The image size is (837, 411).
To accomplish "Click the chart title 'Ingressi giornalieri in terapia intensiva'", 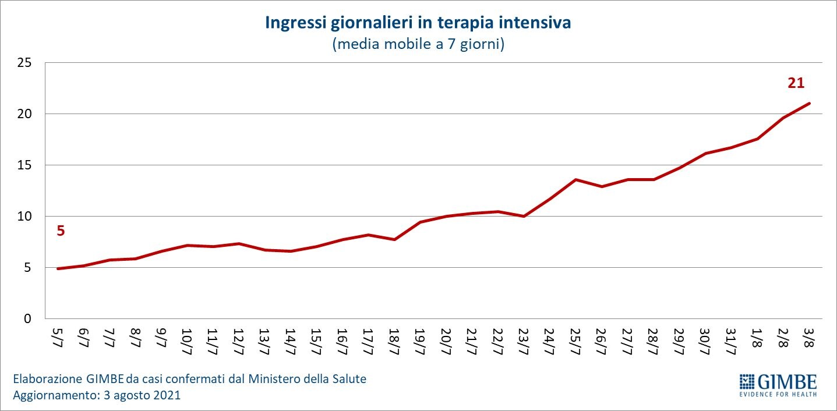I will [418, 23].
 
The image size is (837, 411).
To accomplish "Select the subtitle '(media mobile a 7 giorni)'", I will [418, 44].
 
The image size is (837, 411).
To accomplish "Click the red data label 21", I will [796, 83].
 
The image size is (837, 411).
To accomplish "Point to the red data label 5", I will [61, 231].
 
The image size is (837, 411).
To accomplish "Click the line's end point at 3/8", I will [809, 104].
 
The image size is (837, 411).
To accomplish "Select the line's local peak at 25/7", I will [575, 179].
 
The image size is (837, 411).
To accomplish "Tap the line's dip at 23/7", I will [524, 216].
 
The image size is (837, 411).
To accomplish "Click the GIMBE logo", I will [778, 382].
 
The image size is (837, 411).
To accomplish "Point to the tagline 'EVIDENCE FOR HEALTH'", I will [778, 394].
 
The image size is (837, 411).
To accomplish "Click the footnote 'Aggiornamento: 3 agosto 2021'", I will [97, 395].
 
